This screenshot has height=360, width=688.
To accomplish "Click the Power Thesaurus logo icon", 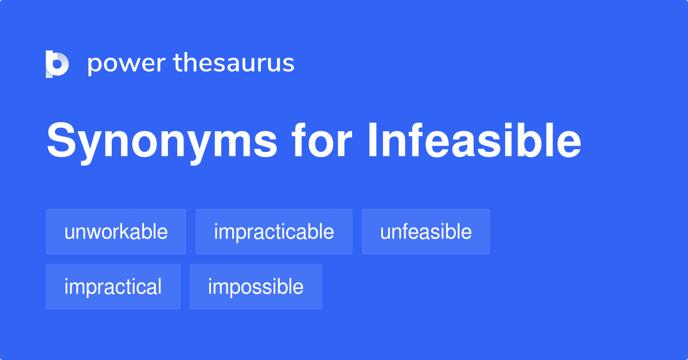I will (57, 64).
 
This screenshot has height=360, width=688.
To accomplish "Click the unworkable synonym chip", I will (116, 232).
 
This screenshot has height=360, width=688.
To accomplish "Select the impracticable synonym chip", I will (273, 232).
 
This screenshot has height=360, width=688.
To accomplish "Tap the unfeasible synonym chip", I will (425, 232).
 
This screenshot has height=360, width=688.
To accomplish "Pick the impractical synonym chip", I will (113, 287).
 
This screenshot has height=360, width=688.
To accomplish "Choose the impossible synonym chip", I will (256, 287).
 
